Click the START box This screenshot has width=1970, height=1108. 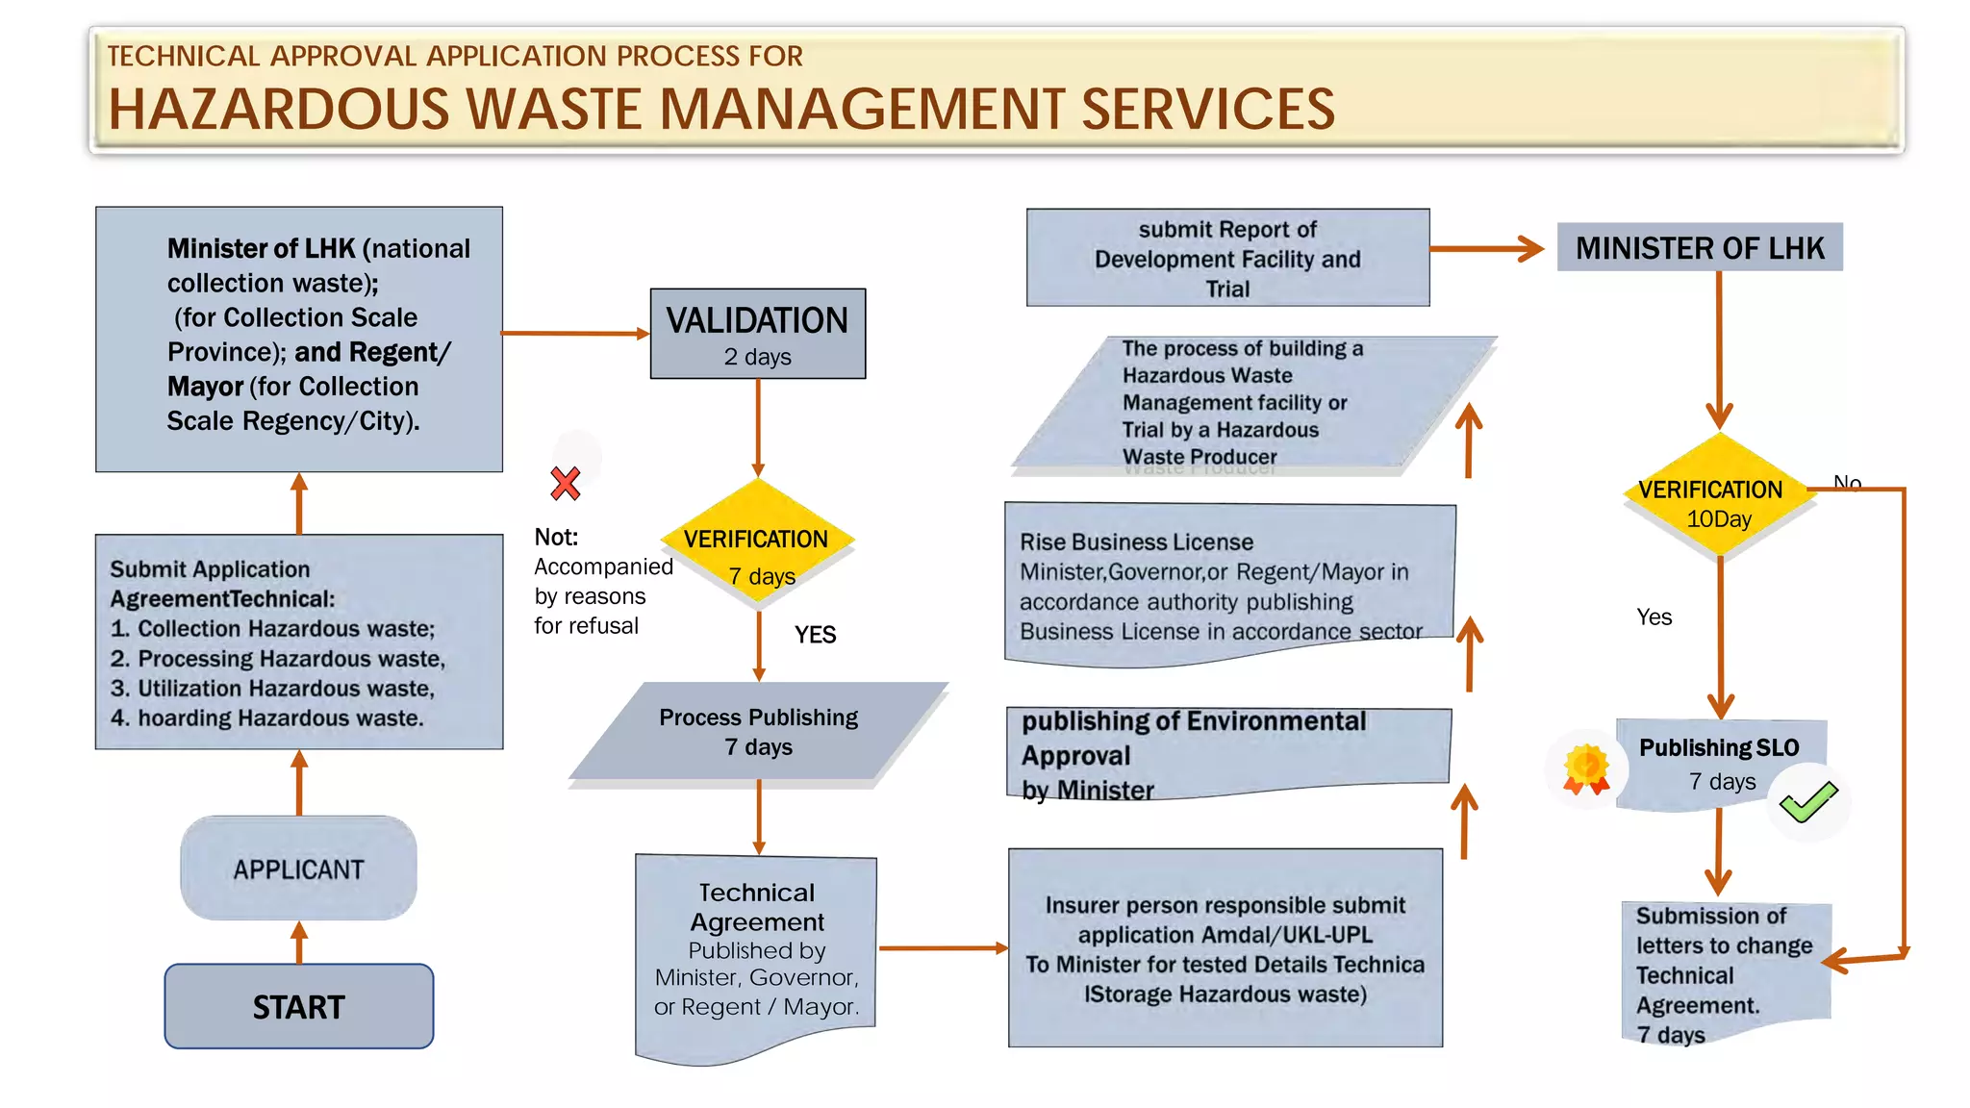[x=298, y=1006]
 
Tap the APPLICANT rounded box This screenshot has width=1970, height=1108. [x=298, y=869]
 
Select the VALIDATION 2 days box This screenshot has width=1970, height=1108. [x=757, y=334]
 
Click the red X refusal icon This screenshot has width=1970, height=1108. [x=566, y=483]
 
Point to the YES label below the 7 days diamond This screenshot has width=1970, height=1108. [x=815, y=635]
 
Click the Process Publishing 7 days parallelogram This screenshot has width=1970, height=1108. [x=758, y=732]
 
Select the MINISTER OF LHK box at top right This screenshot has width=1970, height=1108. [x=1699, y=248]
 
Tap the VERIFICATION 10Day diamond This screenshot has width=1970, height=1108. [x=1718, y=495]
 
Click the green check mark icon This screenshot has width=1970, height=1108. [x=1807, y=802]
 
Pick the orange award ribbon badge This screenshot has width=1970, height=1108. [x=1586, y=769]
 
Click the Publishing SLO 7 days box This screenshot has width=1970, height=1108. [x=1719, y=764]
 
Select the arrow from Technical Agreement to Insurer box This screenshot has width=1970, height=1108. [x=943, y=948]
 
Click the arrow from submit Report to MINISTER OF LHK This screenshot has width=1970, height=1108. [x=1486, y=249]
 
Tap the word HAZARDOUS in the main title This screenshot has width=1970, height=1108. [x=279, y=109]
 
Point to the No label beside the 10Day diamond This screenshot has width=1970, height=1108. [x=1847, y=482]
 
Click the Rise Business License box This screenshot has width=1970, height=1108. [x=1228, y=585]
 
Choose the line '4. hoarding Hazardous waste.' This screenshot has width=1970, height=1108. [x=266, y=718]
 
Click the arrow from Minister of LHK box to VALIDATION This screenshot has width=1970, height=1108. [x=575, y=334]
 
